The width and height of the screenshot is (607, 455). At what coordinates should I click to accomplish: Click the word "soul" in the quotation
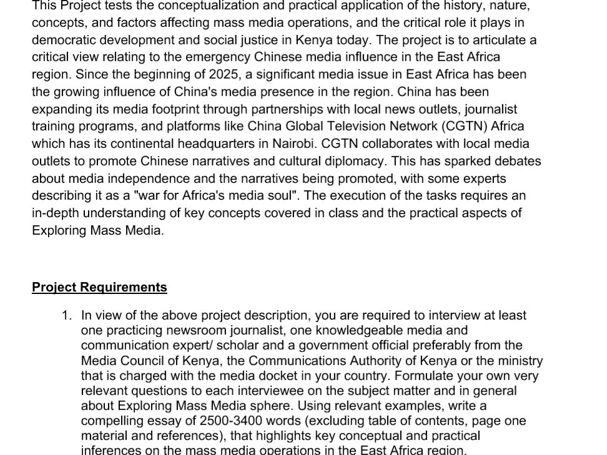(x=277, y=195)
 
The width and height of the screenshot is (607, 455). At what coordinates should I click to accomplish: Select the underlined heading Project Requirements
(x=99, y=287)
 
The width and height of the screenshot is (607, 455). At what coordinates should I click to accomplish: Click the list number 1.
(x=66, y=316)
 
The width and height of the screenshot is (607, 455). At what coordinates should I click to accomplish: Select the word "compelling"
(x=111, y=421)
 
